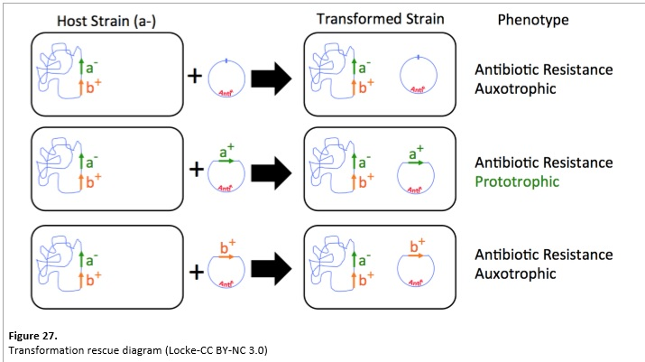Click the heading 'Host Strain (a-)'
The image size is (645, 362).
pyautogui.click(x=106, y=20)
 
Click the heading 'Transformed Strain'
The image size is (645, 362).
pyautogui.click(x=380, y=20)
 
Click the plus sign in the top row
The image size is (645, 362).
pyautogui.click(x=194, y=76)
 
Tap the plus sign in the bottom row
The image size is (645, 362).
pyautogui.click(x=194, y=263)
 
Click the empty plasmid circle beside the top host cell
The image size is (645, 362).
pyautogui.click(x=227, y=78)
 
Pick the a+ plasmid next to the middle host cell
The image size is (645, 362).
pyautogui.click(x=227, y=173)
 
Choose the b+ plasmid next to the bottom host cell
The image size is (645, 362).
pyautogui.click(x=227, y=267)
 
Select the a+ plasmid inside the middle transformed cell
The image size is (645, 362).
pyautogui.click(x=418, y=173)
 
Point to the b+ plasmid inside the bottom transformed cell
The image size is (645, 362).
pyautogui.click(x=418, y=267)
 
